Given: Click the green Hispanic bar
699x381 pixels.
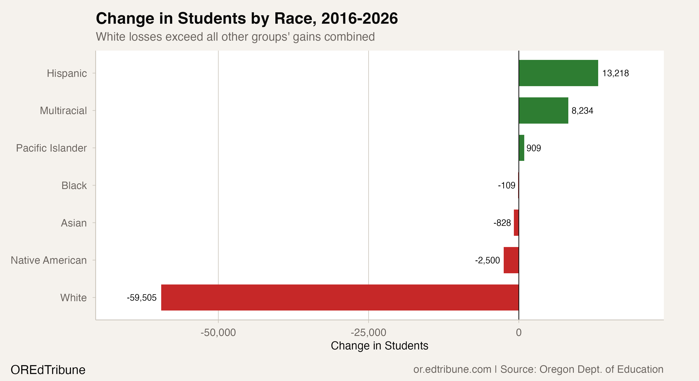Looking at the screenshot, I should tap(558, 73).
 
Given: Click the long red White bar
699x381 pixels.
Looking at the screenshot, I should tap(340, 297).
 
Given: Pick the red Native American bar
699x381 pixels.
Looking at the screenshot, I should tap(511, 260).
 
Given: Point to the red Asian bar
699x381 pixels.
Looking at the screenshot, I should tap(516, 223).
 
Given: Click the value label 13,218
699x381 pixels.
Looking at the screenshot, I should tap(615, 73).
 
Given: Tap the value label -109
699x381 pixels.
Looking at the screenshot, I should tap(506, 185).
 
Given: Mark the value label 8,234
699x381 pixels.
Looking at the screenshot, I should tap(582, 111).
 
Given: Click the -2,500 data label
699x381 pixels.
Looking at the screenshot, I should tap(487, 260).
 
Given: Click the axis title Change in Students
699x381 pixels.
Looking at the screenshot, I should tap(379, 346).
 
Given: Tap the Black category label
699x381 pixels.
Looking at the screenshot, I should tap(74, 185).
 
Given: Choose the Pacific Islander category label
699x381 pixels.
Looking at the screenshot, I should tap(51, 148).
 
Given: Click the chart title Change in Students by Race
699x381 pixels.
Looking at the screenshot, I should tap(247, 18).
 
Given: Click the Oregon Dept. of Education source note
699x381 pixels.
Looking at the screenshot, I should tap(582, 369).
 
